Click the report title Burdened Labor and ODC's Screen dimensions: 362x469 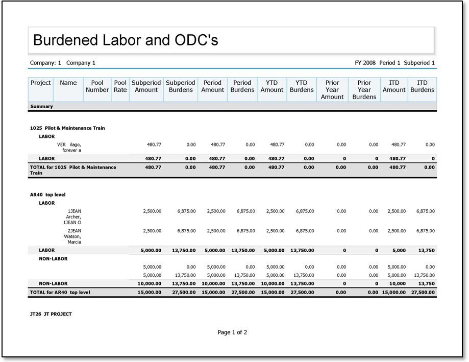pos(126,40)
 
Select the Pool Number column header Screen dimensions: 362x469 pos(97,86)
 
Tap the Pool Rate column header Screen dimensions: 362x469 pos(120,86)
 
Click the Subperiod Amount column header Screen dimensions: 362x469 pos(146,86)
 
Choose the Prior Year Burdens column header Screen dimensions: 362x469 pos(364,89)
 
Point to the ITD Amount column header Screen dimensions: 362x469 pos(394,86)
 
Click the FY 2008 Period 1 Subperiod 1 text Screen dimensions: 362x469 pos(394,63)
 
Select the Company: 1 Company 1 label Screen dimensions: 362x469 pos(63,63)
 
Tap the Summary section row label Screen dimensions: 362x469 pos(41,106)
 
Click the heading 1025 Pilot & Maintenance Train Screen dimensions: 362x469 pos(67,128)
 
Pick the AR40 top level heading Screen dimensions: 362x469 pos(47,195)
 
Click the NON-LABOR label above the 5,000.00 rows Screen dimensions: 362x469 pos(53,259)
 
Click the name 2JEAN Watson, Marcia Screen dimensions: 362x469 pos(72,236)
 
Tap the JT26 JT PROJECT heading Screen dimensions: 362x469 pos(51,314)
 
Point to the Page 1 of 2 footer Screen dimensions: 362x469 pos(232,332)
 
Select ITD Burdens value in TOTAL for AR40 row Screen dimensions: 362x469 pos(423,293)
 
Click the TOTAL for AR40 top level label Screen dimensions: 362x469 pos(60,293)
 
